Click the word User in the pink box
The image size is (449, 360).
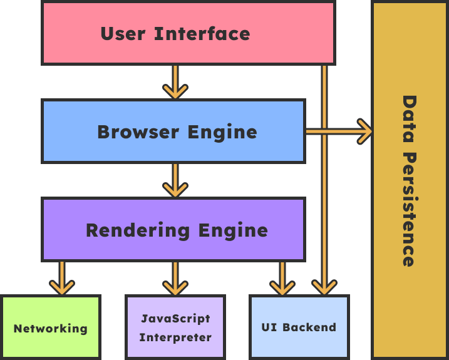tap(123, 33)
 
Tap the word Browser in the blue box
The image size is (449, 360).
tap(130, 132)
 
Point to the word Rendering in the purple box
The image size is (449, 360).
tap(137, 230)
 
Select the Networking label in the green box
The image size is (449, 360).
tap(51, 329)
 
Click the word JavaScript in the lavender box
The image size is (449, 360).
tap(175, 318)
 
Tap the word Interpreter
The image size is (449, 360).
tap(175, 338)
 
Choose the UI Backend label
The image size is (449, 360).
tap(299, 327)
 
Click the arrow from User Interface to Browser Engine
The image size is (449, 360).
tap(175, 82)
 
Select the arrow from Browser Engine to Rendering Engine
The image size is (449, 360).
tap(175, 180)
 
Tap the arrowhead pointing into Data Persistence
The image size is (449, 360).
tap(364, 131)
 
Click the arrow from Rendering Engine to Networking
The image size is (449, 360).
tap(61, 279)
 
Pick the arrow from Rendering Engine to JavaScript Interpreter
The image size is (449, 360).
tap(175, 279)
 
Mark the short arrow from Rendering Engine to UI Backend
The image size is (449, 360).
tap(282, 279)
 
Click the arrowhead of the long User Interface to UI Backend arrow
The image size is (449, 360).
tap(324, 287)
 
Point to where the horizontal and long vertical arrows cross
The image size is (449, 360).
tap(324, 131)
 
